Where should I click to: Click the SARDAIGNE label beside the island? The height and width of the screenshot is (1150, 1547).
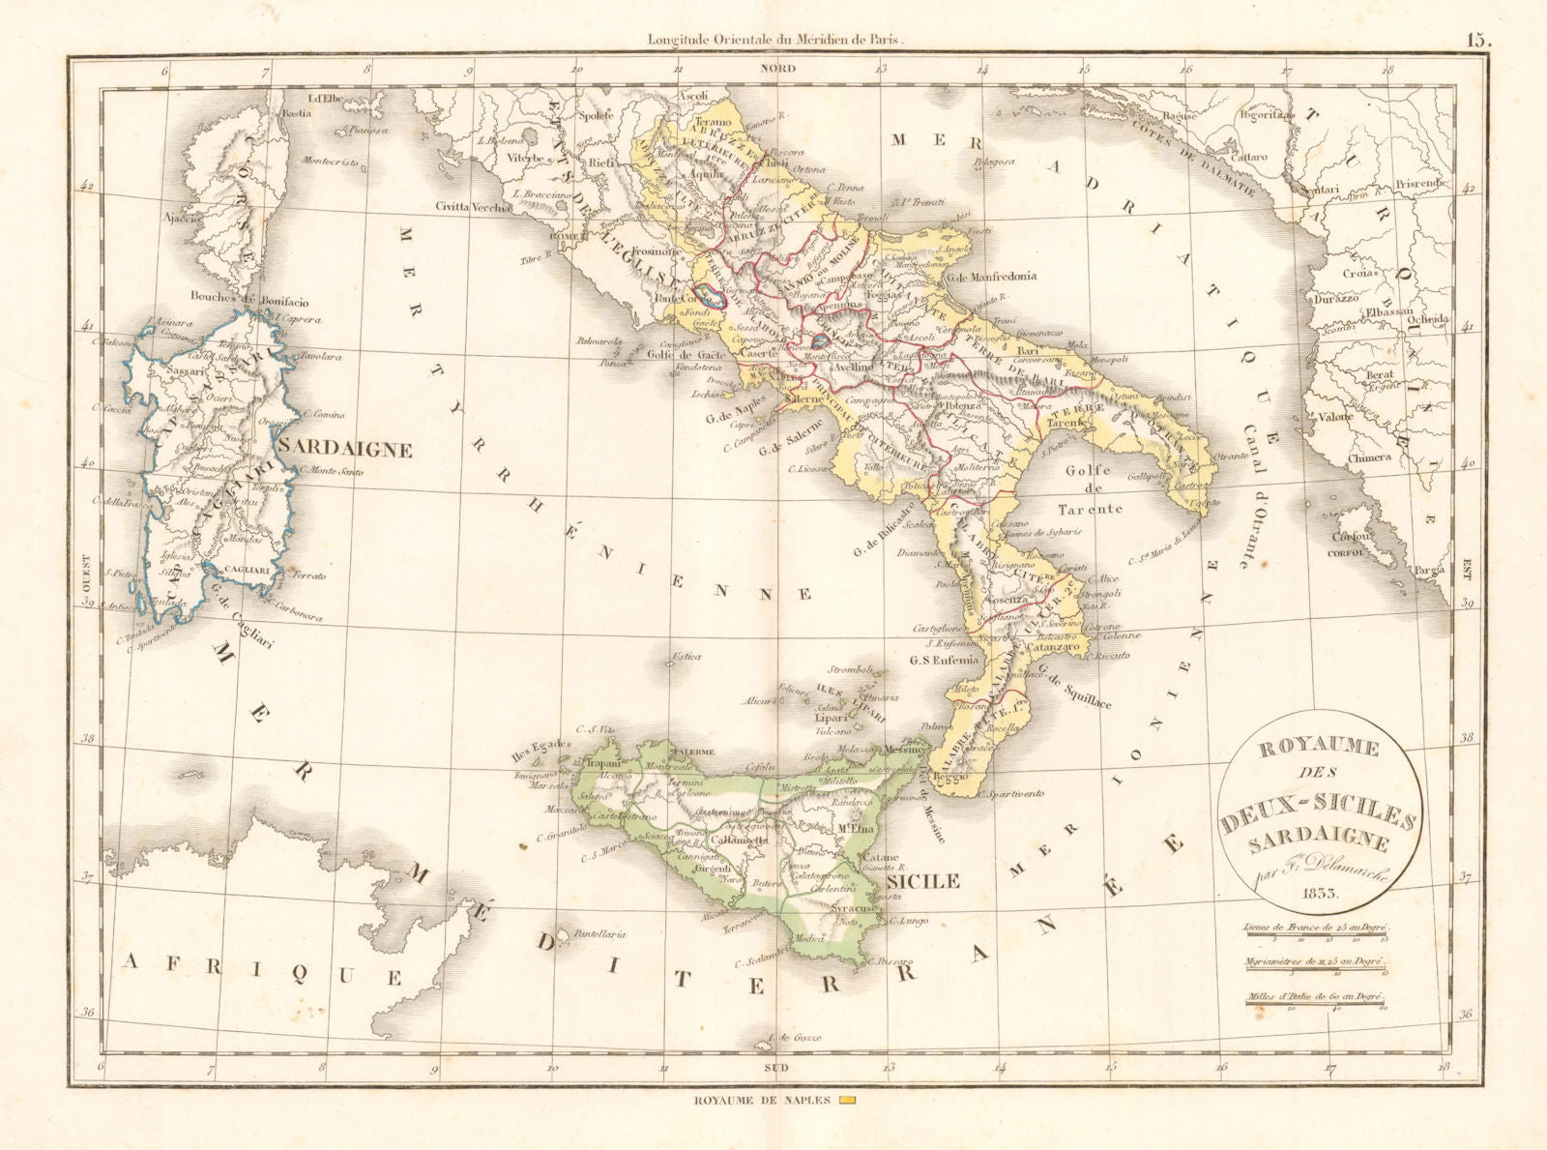pyautogui.click(x=346, y=450)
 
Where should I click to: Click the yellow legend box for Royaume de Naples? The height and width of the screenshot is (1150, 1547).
pyautogui.click(x=847, y=1101)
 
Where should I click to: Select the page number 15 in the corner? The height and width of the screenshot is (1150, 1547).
pyautogui.click(x=1478, y=40)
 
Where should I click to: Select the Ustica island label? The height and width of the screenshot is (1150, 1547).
pyautogui.click(x=686, y=658)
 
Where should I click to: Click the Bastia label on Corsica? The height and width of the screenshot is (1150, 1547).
pyautogui.click(x=296, y=114)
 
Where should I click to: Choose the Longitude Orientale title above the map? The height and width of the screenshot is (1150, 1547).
pyautogui.click(x=776, y=41)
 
